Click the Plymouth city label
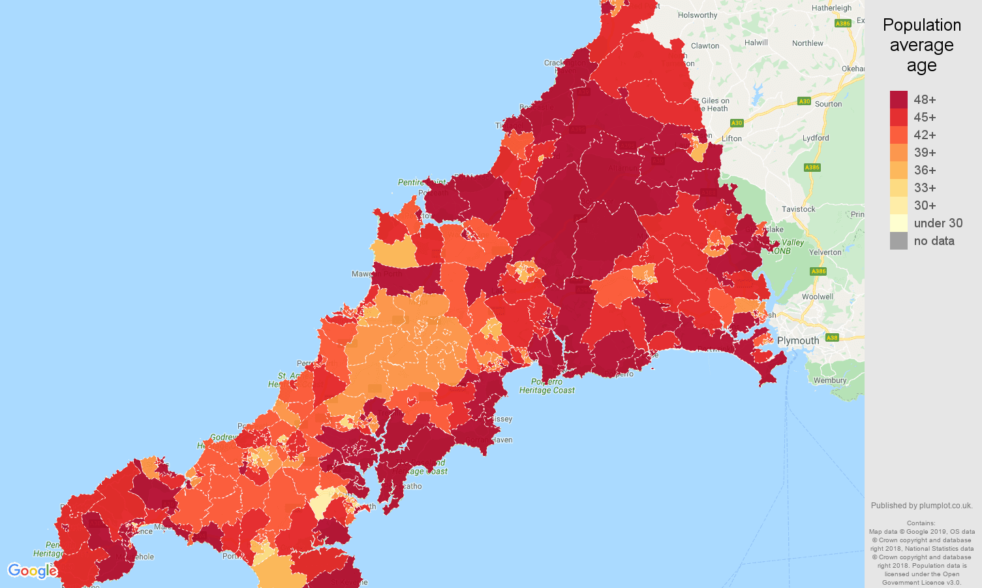tap(798, 340)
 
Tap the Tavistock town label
tap(799, 209)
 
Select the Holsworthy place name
tap(698, 15)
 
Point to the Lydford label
tap(816, 138)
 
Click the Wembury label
tap(830, 380)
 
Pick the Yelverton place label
tap(825, 252)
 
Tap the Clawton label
tap(705, 46)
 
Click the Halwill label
tap(756, 42)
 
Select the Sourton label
tap(828, 104)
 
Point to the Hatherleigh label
tap(831, 8)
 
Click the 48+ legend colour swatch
tap(898, 99)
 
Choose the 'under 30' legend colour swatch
tap(898, 223)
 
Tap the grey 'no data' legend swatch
tap(898, 240)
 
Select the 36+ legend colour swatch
tap(898, 170)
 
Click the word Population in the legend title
tap(921, 25)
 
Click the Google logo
tap(33, 571)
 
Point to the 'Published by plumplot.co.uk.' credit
tap(921, 505)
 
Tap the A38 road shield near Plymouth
tap(831, 338)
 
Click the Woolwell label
tap(818, 297)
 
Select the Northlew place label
tap(807, 43)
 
